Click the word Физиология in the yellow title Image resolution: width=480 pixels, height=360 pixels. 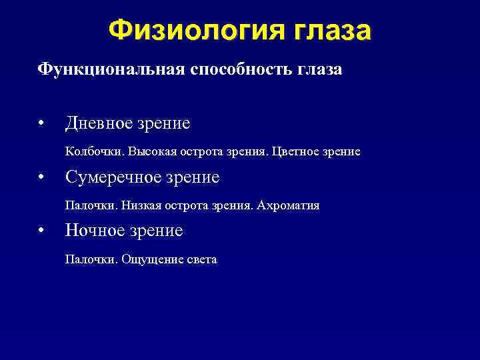[195, 30]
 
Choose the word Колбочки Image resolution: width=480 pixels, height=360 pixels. [88, 152]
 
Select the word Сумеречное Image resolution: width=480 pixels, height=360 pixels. [111, 177]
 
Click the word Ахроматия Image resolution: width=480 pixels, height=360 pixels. [289, 206]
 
